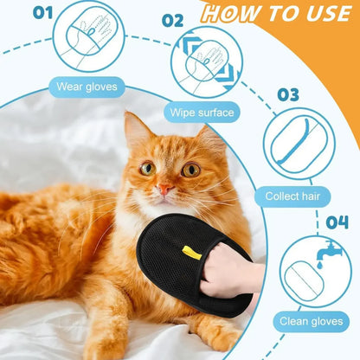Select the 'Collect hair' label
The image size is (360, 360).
click(298, 196)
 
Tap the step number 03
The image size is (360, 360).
click(288, 93)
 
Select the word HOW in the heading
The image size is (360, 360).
click(228, 14)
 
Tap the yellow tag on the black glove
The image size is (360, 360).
click(192, 253)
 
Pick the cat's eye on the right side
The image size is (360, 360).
click(190, 170)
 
